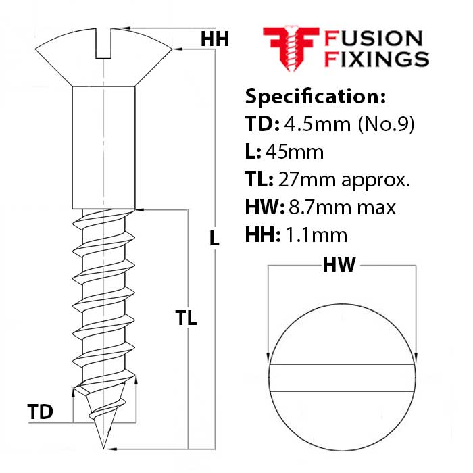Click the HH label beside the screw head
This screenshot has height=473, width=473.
(215, 40)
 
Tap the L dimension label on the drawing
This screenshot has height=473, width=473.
(215, 238)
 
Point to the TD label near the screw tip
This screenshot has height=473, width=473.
(40, 411)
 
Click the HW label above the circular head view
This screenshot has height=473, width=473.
(339, 266)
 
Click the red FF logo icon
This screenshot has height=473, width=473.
(289, 48)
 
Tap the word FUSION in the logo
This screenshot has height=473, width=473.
(374, 39)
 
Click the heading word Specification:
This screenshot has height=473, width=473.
(315, 96)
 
